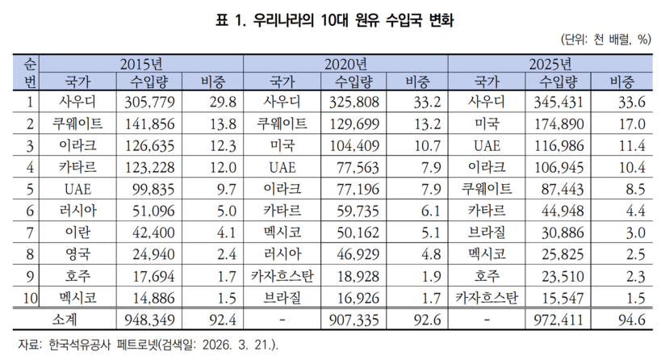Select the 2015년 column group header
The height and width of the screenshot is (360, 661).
click(x=141, y=63)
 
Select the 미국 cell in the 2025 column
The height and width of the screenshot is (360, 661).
click(x=487, y=124)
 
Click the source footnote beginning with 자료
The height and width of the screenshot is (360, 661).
click(x=144, y=345)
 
